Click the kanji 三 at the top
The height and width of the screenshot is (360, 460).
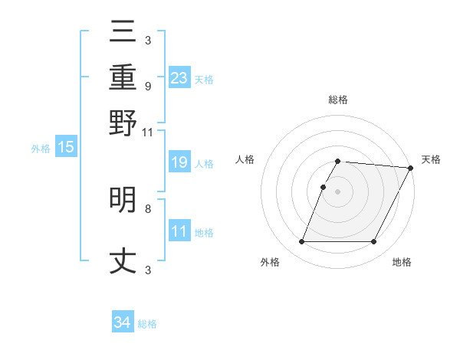pos(123,33)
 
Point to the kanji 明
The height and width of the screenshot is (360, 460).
pos(123,201)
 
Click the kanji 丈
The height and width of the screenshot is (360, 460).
pos(123,261)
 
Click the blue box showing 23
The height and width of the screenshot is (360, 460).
pos(179,78)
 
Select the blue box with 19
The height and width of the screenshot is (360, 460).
pos(179,162)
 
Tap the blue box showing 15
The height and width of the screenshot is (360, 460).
pos(65,148)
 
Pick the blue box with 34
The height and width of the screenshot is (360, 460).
pos(123,322)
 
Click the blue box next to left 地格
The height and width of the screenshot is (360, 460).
pos(179,231)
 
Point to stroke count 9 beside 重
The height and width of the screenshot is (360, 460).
pos(147,86)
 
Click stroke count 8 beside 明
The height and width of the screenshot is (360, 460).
pos(147,208)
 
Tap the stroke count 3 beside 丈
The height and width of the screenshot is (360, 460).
pos(147,269)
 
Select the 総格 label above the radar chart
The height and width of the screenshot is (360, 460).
pos(338,100)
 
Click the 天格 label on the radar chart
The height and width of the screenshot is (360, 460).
pos(431,159)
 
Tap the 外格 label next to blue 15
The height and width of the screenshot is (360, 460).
pos(40,149)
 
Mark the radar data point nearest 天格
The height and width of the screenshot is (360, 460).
pos(411,168)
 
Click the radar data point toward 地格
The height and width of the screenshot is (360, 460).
pos(374,242)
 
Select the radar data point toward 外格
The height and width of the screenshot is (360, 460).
pos(301,242)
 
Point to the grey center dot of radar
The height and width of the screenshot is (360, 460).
pos(338,191)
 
